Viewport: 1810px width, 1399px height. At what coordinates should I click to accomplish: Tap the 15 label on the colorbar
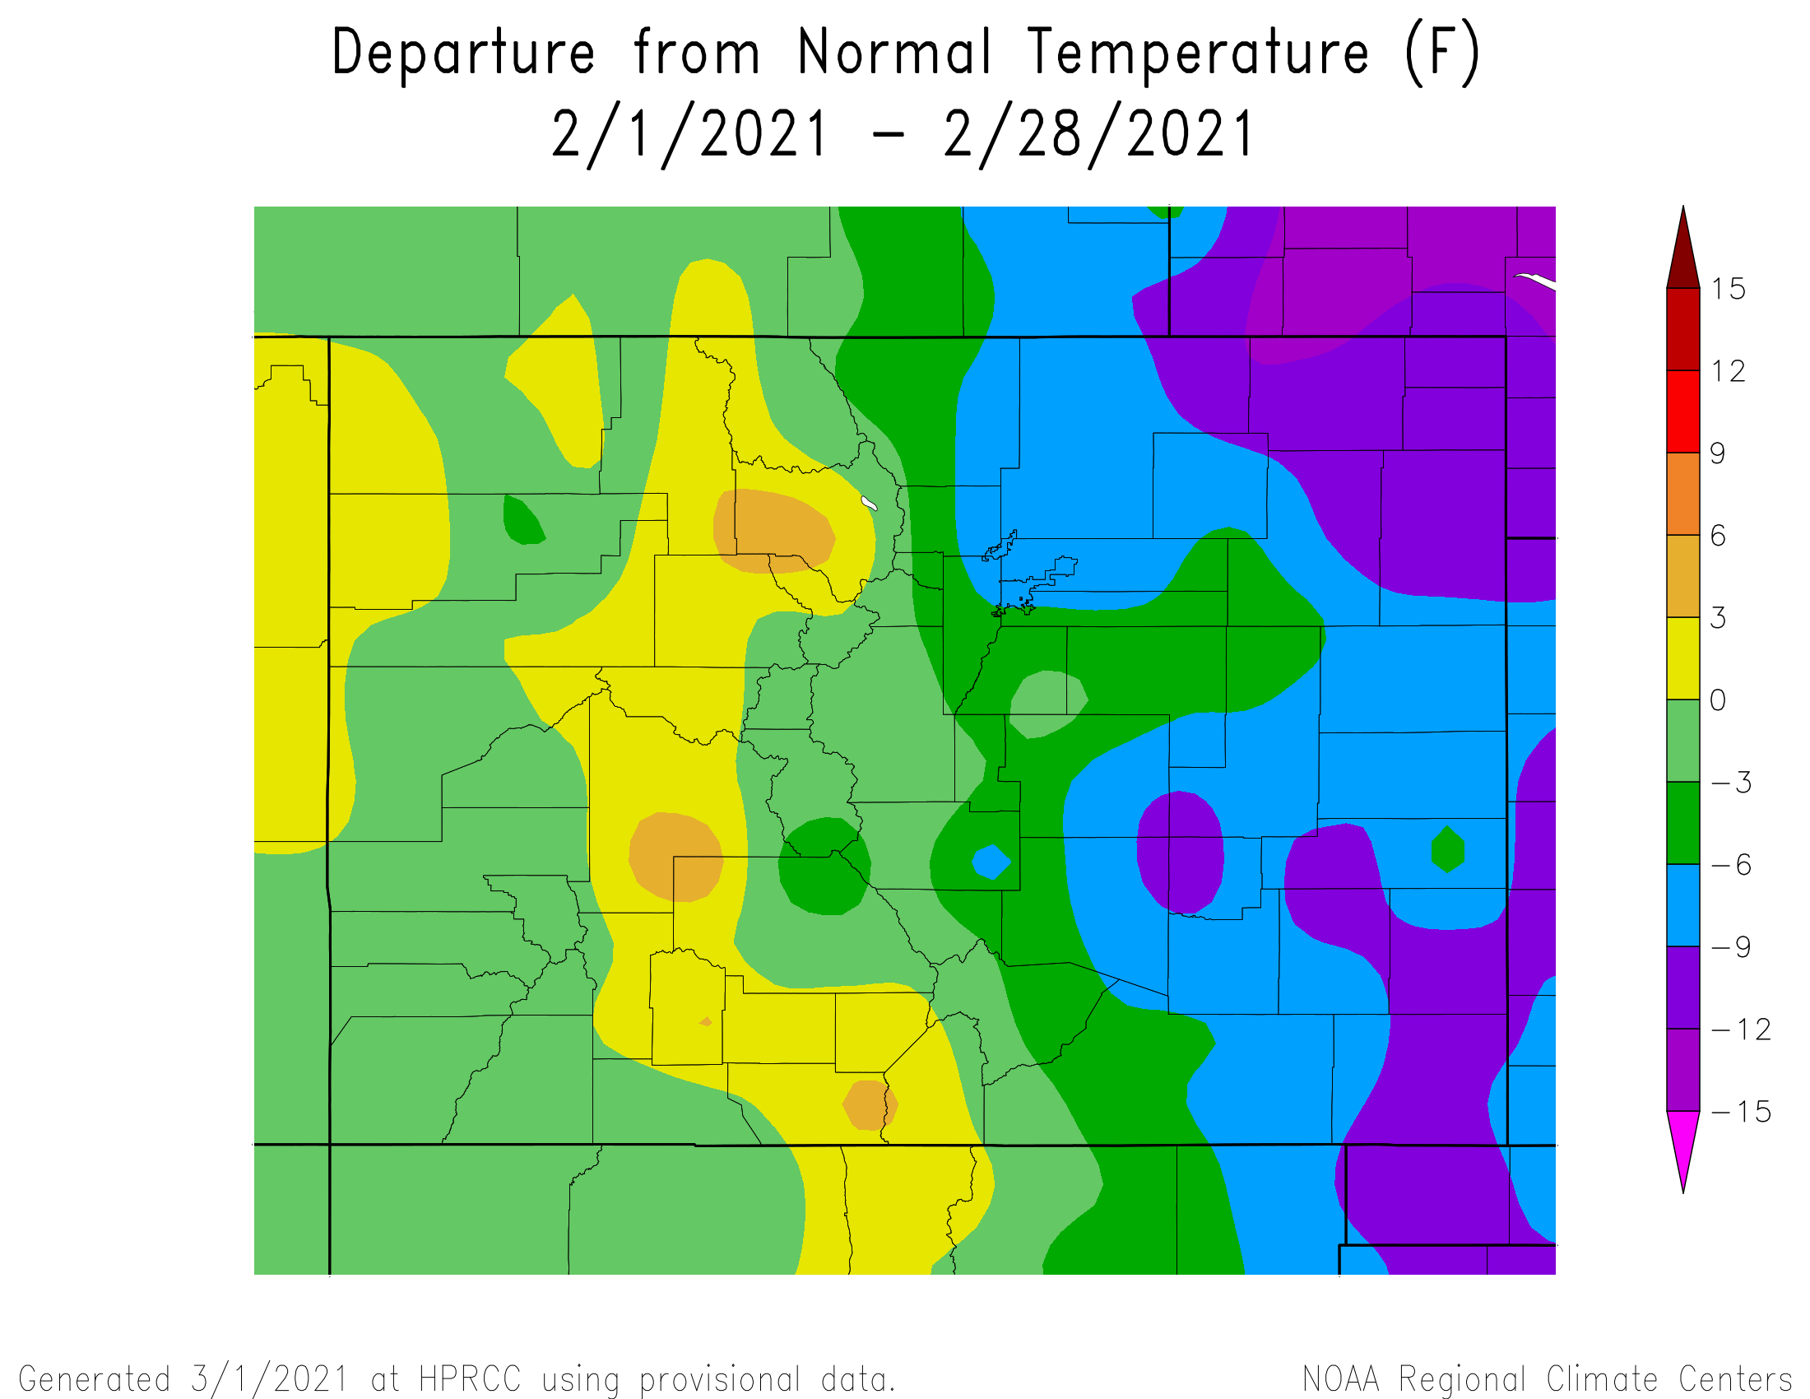pos(1729,289)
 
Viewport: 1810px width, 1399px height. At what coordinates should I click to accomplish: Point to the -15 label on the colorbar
pos(1740,1112)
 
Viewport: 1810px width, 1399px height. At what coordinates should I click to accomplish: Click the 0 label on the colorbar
pos(1719,700)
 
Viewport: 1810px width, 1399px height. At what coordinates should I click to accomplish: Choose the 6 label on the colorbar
pos(1719,537)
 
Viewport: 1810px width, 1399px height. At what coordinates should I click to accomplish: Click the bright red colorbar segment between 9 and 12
pos(1683,411)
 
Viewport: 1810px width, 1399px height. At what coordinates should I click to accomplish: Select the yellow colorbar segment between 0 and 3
pos(1683,658)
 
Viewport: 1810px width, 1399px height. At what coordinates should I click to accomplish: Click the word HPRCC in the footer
pos(470,1380)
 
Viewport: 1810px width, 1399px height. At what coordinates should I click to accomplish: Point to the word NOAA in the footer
pos(1340,1380)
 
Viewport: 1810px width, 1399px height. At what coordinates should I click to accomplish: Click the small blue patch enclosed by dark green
pos(991,862)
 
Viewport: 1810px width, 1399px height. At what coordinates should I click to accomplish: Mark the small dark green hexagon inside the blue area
pos(1448,849)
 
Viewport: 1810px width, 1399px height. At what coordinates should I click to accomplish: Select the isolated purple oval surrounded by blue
pos(1179,851)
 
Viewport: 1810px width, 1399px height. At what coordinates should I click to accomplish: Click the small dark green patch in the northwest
pos(522,520)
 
